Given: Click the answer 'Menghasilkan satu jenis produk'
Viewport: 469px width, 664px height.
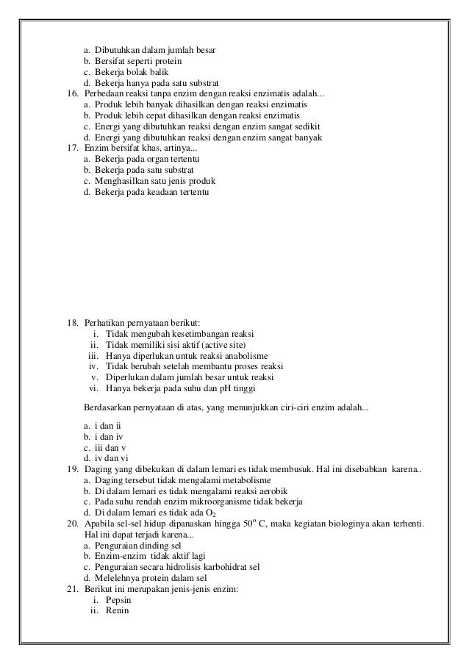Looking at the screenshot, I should coord(154,181).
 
